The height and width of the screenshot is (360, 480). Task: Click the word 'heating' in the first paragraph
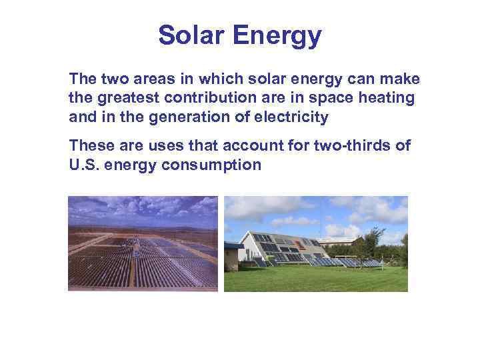pos(387,99)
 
